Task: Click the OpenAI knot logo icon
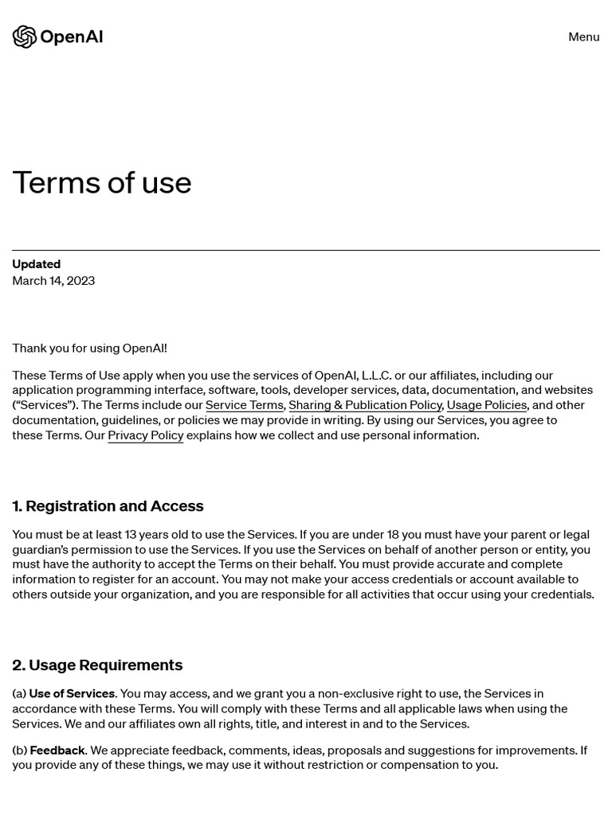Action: tap(25, 37)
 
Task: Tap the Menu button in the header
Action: tap(583, 37)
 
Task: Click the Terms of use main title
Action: tap(102, 183)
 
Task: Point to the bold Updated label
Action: tap(37, 264)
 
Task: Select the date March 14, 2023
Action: tap(53, 281)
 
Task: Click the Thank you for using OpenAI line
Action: tap(89, 348)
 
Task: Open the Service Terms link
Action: tap(244, 405)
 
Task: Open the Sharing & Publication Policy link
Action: tap(365, 405)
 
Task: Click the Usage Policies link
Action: tap(486, 405)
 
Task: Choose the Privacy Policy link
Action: tap(145, 435)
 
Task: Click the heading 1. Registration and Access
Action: tap(108, 506)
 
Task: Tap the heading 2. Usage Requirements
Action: tap(97, 665)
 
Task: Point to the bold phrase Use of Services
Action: tap(72, 694)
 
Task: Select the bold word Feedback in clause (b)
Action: tap(57, 751)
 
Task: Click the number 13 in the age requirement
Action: tap(131, 535)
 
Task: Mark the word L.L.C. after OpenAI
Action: tap(376, 376)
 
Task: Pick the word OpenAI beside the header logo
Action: tap(71, 37)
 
